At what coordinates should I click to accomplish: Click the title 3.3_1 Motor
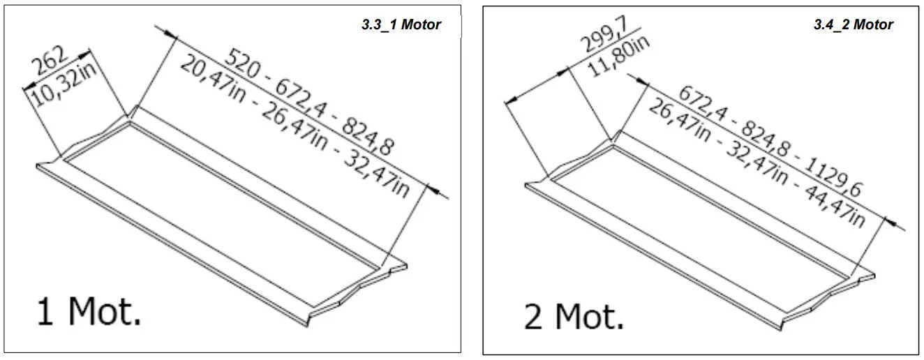pos(401,25)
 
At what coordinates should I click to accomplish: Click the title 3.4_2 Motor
pos(853,25)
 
